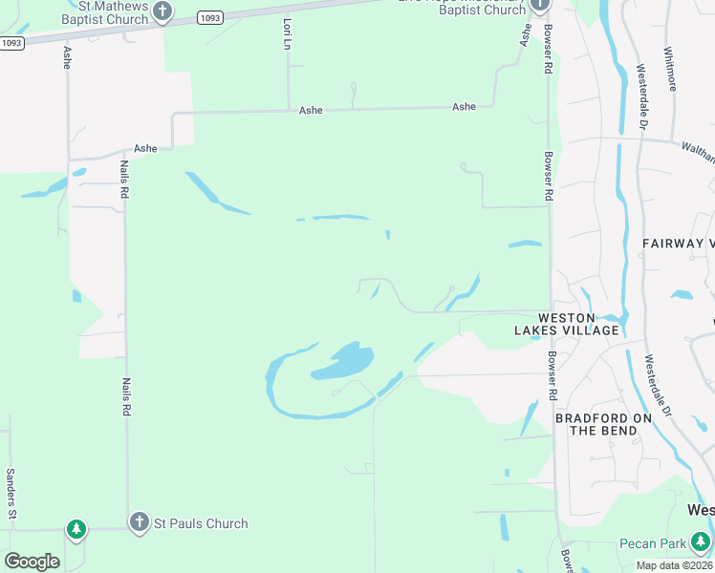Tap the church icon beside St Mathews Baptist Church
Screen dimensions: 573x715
pyautogui.click(x=162, y=11)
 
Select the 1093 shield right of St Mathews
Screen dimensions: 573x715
pyautogui.click(x=211, y=18)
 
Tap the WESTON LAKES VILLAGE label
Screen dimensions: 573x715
pyautogui.click(x=580, y=324)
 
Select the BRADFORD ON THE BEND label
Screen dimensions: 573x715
pyautogui.click(x=603, y=425)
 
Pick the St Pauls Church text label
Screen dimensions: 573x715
pyautogui.click(x=201, y=523)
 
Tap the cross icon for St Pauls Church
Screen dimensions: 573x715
pyautogui.click(x=139, y=521)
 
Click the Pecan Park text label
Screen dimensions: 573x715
pyautogui.click(x=652, y=543)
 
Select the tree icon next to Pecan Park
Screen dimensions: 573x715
pyautogui.click(x=701, y=541)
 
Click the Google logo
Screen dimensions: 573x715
pyautogui.click(x=32, y=561)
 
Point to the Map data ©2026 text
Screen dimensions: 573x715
pyautogui.click(x=674, y=565)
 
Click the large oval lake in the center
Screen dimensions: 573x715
pyautogui.click(x=342, y=361)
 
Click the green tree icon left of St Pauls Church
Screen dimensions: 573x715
pyautogui.click(x=76, y=528)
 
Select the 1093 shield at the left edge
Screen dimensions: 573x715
pyautogui.click(x=11, y=43)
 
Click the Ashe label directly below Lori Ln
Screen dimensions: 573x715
pyautogui.click(x=311, y=111)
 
